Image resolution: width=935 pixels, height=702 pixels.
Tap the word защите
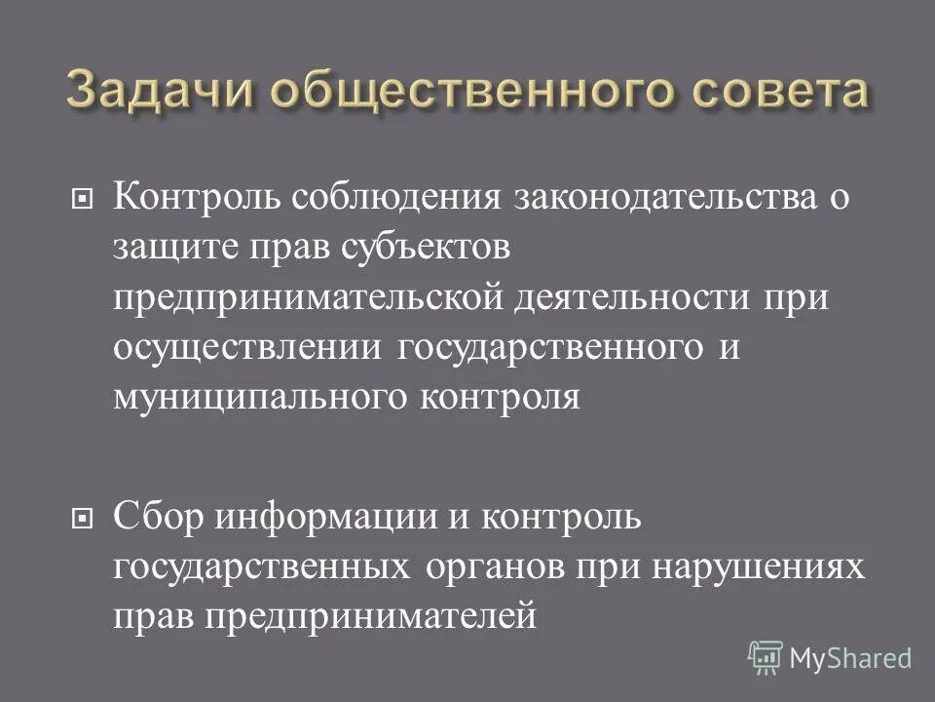(x=178, y=248)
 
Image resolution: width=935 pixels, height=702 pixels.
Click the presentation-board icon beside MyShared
(x=766, y=657)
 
